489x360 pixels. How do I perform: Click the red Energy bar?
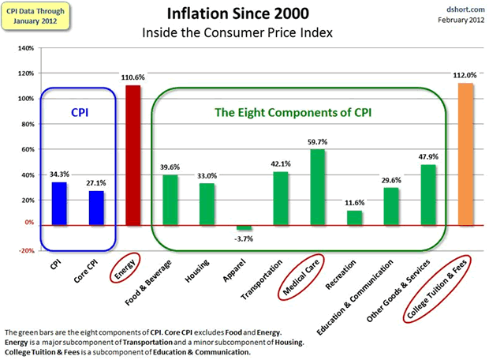tap(133, 155)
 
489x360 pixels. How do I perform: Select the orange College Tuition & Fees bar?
tap(465, 153)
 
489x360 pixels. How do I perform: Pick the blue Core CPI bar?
tap(96, 208)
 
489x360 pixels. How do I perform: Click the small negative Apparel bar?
tap(244, 227)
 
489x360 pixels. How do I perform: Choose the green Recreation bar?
tap(354, 218)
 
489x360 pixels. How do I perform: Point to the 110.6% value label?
tap(133, 77)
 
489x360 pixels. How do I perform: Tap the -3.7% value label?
tap(244, 238)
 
